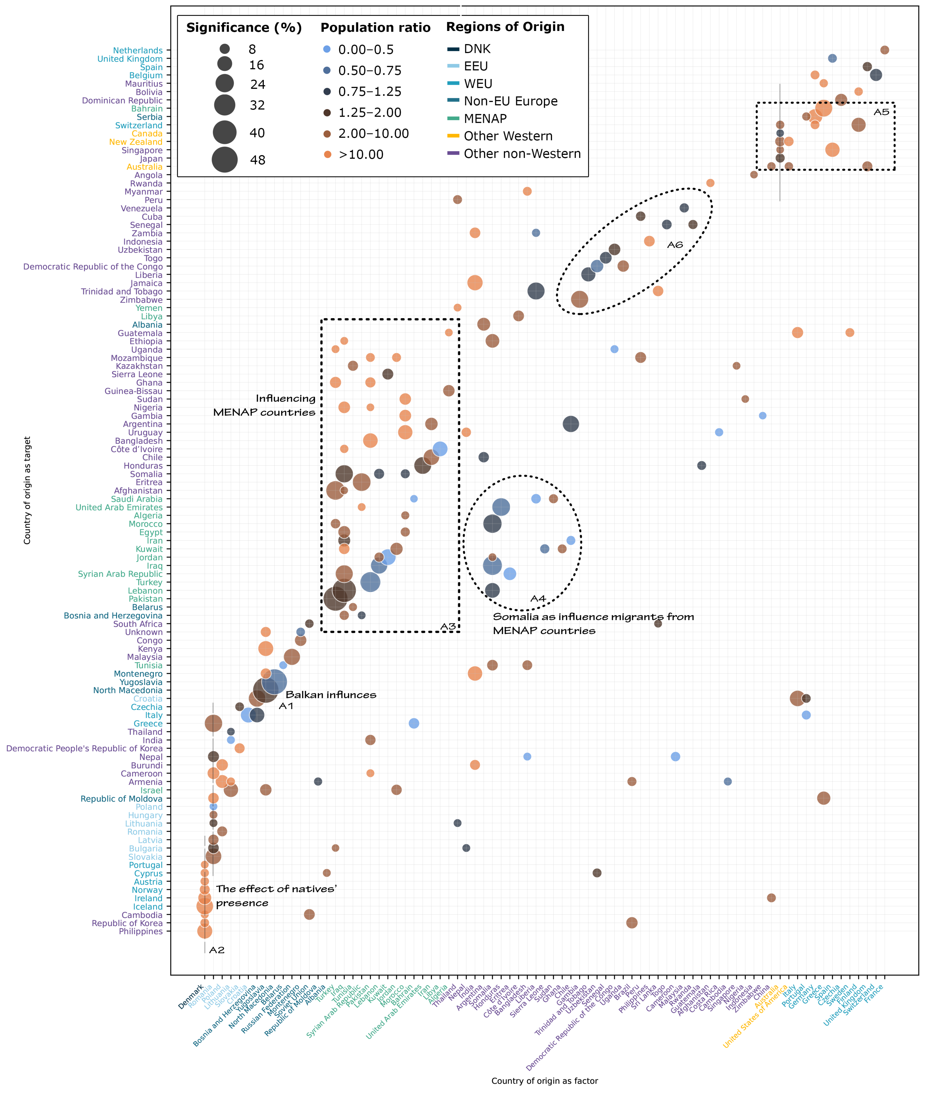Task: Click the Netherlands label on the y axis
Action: (x=138, y=50)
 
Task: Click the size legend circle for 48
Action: (x=225, y=160)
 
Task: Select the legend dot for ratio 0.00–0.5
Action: (x=327, y=49)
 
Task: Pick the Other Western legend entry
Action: (x=508, y=136)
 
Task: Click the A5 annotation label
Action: (x=881, y=112)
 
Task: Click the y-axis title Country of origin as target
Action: (x=27, y=490)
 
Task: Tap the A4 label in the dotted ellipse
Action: (x=538, y=599)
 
